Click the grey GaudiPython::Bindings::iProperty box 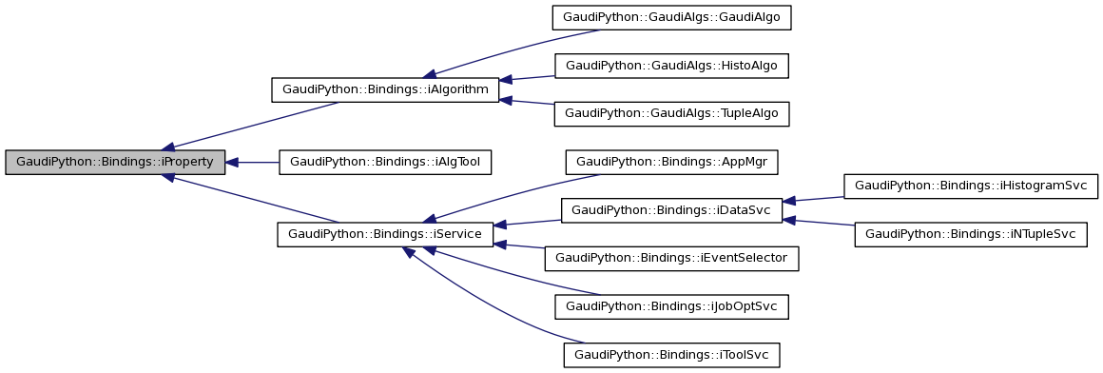tap(115, 162)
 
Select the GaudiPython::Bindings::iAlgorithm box tap(385, 90)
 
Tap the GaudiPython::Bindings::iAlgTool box tap(385, 162)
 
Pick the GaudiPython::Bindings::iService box tap(385, 234)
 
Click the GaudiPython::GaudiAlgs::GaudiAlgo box tap(672, 18)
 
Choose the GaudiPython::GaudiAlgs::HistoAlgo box tap(672, 66)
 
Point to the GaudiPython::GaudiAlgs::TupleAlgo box tap(672, 113)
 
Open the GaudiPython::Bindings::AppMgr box tap(672, 162)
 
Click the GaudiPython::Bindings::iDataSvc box tap(671, 210)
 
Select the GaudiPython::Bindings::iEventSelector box tap(671, 258)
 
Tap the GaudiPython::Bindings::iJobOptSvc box tap(672, 306)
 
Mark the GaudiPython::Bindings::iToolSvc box tap(672, 355)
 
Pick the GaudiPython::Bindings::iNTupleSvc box tap(971, 234)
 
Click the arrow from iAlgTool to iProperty tap(252, 163)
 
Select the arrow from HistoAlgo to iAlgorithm tap(527, 77)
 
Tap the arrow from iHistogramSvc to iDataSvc tap(813, 198)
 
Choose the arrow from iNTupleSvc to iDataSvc tap(818, 223)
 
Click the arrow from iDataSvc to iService tap(527, 223)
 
